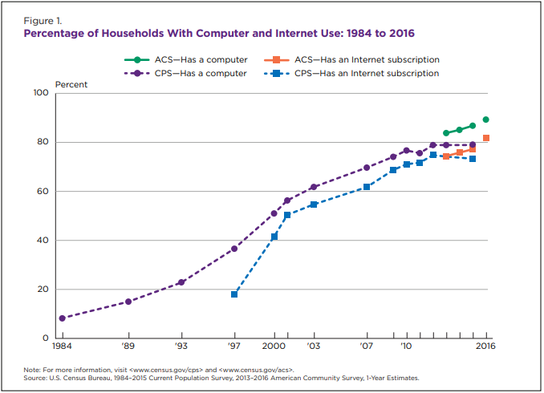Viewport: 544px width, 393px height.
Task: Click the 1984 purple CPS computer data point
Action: (63, 318)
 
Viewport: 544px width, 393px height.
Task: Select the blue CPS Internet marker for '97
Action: (234, 294)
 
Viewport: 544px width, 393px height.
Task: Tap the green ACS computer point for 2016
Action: (485, 120)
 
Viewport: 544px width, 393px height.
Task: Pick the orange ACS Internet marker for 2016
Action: (486, 138)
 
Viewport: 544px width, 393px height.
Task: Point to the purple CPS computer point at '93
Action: (181, 282)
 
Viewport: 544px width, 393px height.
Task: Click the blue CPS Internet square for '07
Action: (367, 187)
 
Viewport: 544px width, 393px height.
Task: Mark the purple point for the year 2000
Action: (274, 213)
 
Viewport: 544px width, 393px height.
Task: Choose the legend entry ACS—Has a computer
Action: (186, 59)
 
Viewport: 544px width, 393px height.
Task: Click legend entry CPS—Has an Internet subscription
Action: (351, 74)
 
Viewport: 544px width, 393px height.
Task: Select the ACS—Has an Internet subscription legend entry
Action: (351, 59)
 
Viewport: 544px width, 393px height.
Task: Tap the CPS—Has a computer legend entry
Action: (185, 74)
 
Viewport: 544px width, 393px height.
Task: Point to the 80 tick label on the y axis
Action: (43, 141)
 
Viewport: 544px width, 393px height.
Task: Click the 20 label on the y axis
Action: (43, 289)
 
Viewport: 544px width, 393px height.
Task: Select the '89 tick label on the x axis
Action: (128, 346)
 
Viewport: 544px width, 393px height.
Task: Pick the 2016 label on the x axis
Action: (485, 346)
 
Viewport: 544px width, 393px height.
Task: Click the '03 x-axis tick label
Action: (313, 346)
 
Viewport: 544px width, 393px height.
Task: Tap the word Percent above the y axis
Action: (71, 85)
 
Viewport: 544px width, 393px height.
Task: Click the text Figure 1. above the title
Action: (43, 21)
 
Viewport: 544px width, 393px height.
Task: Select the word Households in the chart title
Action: (132, 34)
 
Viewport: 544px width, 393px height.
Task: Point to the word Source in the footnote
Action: (35, 378)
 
